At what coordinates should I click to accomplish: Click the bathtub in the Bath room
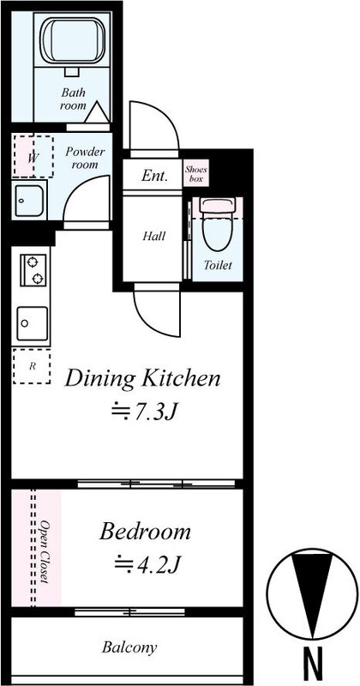point(73,41)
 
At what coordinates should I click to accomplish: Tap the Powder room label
point(85,158)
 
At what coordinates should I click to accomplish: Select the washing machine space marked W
point(33,157)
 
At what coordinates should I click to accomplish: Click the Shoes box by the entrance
point(195,173)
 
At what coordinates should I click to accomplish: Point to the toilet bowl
point(218,225)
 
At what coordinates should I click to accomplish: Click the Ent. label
point(155,176)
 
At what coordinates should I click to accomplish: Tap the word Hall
point(154,237)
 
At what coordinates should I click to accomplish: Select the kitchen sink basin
point(33,323)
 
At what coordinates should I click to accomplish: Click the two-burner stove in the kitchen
point(33,270)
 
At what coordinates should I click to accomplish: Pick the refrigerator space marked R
point(32,367)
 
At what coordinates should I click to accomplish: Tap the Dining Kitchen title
point(142,379)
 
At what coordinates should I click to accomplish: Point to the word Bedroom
point(145,532)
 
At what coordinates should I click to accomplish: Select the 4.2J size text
point(147,564)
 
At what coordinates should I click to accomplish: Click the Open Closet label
point(45,551)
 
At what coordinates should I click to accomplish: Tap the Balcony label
point(129,647)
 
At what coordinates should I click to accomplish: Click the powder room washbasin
point(30,201)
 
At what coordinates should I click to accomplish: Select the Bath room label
point(74,99)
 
